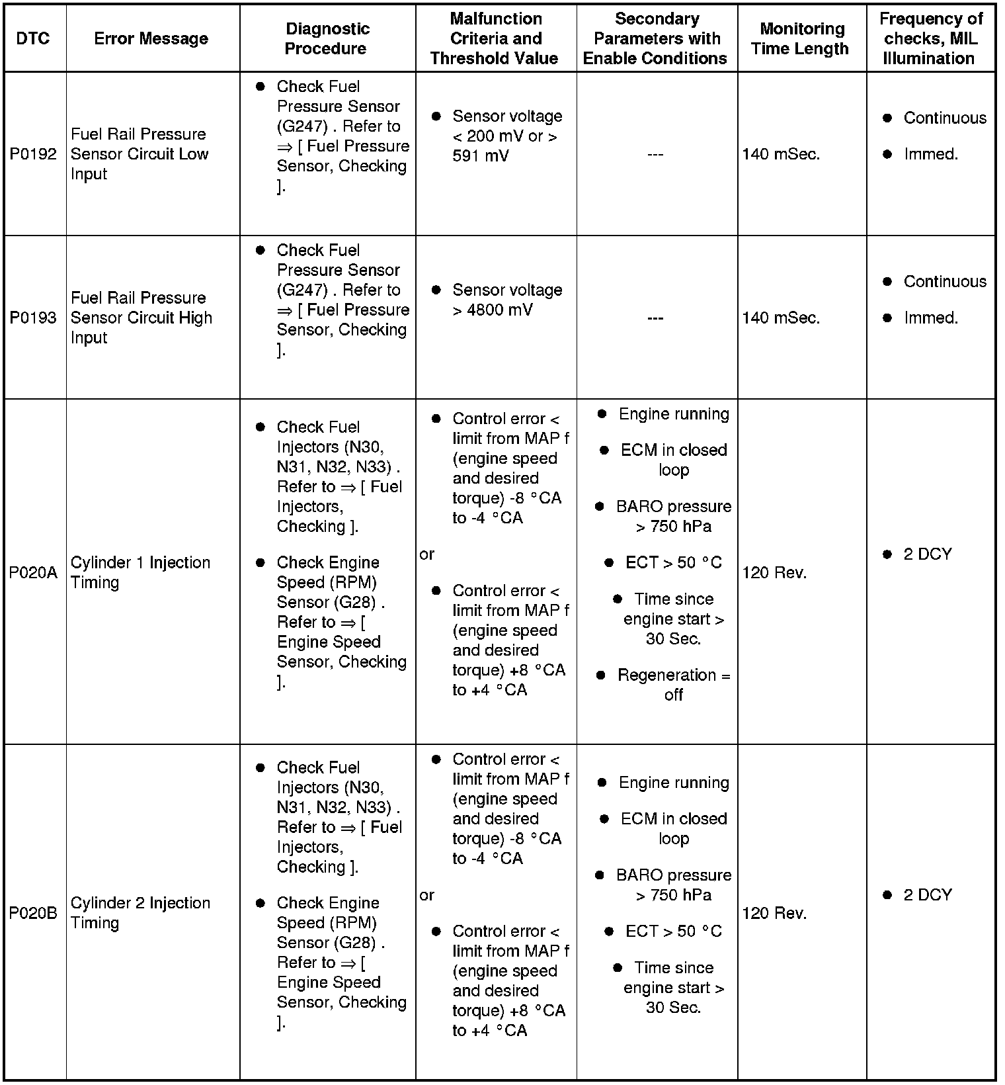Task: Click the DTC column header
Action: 33,38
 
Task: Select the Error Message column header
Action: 151,38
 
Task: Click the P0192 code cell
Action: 33,154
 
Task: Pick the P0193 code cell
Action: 33,318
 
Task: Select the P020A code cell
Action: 33,572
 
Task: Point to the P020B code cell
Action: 33,913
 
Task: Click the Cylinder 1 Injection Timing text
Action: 140,572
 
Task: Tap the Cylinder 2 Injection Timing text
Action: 140,913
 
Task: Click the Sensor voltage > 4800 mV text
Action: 506,300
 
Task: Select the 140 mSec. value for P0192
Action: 781,154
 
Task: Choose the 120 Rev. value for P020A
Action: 774,572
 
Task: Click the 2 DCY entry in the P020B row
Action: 927,894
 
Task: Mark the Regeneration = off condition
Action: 673,685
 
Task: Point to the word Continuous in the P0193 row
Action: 944,281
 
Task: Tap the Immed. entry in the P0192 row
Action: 930,154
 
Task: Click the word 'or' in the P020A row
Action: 426,554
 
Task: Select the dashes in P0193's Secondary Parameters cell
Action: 655,318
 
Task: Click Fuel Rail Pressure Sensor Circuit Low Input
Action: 140,154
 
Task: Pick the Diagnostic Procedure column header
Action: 327,38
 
